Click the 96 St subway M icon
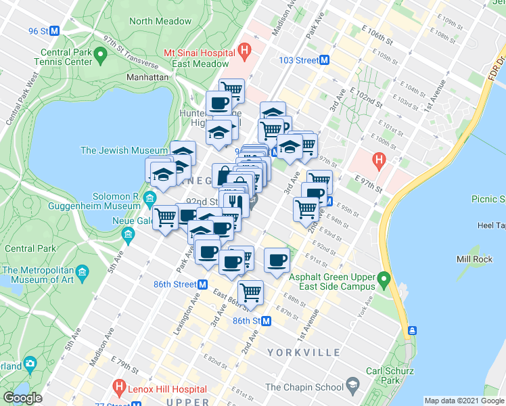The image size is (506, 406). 55,31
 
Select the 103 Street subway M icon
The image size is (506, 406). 325,60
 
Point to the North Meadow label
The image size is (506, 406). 160,21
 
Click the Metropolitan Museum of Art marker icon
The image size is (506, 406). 83,272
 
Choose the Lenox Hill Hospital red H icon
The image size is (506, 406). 120,389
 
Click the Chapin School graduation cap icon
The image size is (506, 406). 352,387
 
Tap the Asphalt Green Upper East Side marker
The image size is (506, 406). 384,278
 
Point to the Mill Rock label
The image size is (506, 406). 474,259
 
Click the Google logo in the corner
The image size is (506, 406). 22,398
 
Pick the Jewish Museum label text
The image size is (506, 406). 124,150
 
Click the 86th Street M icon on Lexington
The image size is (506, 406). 202,285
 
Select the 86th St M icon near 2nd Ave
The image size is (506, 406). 266,321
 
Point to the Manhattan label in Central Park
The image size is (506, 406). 147,78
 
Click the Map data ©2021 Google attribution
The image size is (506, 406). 465,401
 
